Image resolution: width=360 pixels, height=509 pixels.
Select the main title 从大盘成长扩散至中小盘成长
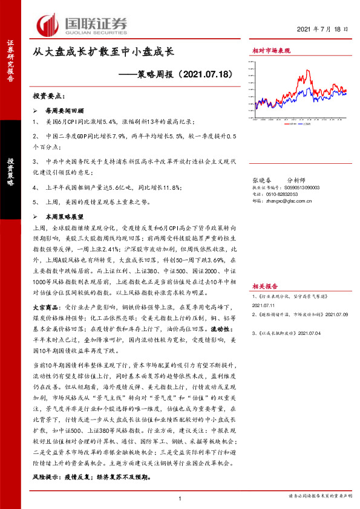[x=105, y=53]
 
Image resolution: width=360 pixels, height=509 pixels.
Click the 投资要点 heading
[x=50, y=97]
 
